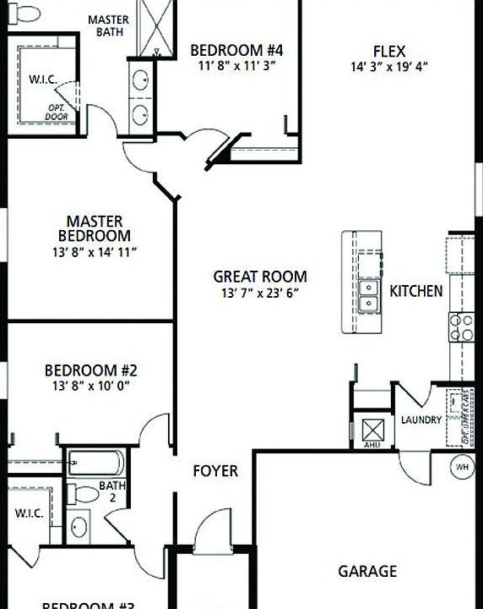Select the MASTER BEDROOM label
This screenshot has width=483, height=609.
coord(95,228)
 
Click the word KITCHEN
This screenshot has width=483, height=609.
coord(415,291)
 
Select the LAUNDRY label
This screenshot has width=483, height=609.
coord(421,420)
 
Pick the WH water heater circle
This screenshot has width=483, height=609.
coord(462,467)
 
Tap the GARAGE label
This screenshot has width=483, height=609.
coord(367,572)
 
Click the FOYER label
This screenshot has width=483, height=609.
coord(215,470)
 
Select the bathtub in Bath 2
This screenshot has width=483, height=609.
coord(95,464)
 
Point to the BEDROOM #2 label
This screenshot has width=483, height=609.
coord(91,370)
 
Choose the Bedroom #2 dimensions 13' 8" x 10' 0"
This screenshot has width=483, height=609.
coord(91,386)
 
